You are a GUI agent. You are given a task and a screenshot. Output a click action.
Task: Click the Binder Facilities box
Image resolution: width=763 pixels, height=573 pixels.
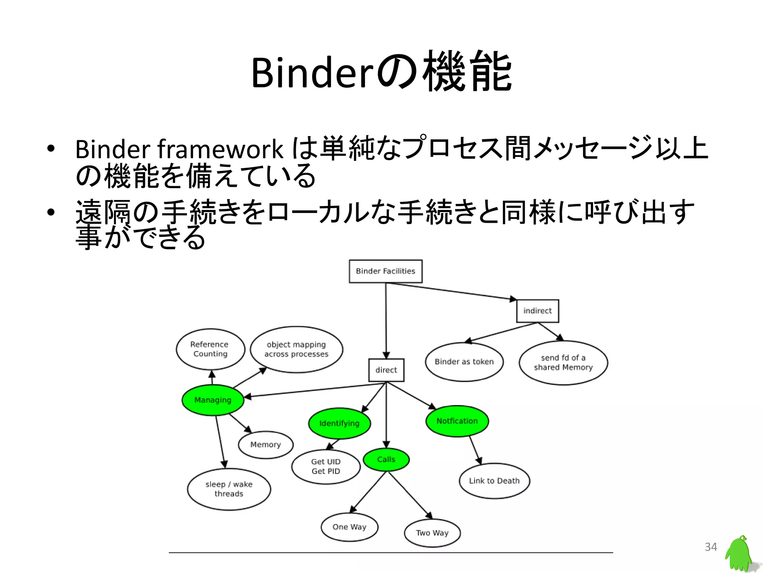tap(386, 271)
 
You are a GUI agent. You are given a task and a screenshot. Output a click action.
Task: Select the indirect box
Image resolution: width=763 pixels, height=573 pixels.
tap(537, 311)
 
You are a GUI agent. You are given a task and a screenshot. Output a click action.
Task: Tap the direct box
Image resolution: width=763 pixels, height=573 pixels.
tap(386, 370)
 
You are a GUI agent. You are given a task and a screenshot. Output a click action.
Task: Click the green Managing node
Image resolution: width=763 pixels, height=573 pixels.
tap(213, 400)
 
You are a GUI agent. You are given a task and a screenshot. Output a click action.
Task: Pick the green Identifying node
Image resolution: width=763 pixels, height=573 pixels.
tap(339, 423)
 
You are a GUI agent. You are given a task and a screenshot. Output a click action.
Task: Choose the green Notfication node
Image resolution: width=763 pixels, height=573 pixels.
tap(457, 421)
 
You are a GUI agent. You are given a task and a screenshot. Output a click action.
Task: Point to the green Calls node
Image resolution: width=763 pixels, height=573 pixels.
tap(386, 459)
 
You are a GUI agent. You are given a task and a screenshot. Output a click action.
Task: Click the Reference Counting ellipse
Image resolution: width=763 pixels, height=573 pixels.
tap(210, 349)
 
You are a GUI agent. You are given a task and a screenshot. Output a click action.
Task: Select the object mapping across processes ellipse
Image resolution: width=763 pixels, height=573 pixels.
tap(297, 349)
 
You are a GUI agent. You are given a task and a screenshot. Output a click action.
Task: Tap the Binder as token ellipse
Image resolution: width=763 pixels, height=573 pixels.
tap(464, 361)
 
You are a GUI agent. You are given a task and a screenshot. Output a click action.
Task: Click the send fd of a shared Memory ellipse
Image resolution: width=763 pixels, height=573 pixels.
tap(563, 363)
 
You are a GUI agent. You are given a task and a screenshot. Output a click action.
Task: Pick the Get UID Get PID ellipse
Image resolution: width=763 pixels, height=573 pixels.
tap(326, 466)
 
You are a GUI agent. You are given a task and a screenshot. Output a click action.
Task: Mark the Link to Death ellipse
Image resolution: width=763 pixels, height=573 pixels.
tap(494, 480)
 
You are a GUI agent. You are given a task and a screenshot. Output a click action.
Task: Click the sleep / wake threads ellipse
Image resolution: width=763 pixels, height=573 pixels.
tap(229, 489)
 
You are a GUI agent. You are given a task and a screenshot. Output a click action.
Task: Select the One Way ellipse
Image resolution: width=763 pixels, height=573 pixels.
tap(349, 527)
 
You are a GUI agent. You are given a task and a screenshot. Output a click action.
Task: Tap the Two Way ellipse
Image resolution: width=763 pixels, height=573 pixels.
tap(432, 533)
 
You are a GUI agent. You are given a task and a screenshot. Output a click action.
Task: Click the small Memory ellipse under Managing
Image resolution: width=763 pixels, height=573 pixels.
tap(265, 445)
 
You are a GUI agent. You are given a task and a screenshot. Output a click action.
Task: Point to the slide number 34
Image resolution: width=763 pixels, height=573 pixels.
tap(711, 547)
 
